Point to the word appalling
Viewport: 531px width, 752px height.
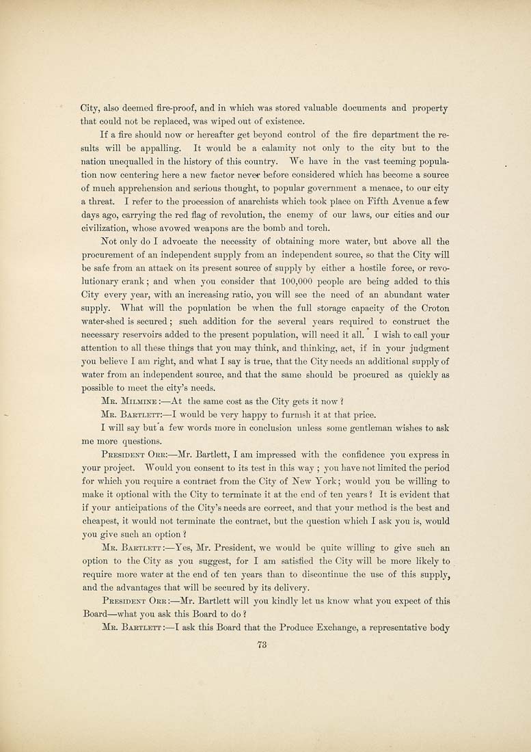point(159,148)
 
